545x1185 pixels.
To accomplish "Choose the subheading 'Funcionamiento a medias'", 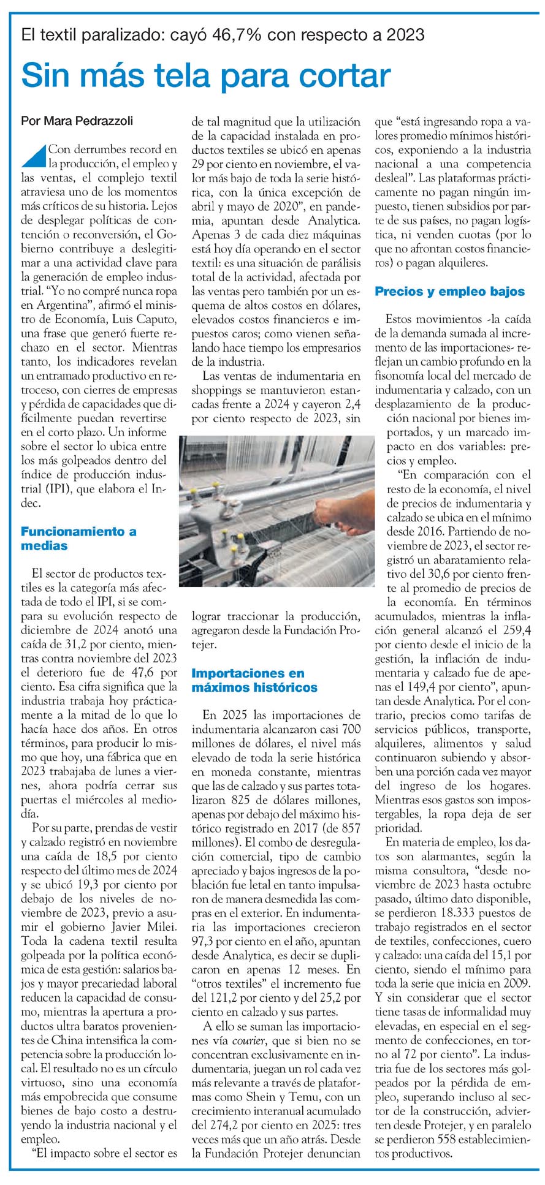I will [x=78, y=538].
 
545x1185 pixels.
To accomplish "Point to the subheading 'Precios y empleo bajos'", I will [x=449, y=292].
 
